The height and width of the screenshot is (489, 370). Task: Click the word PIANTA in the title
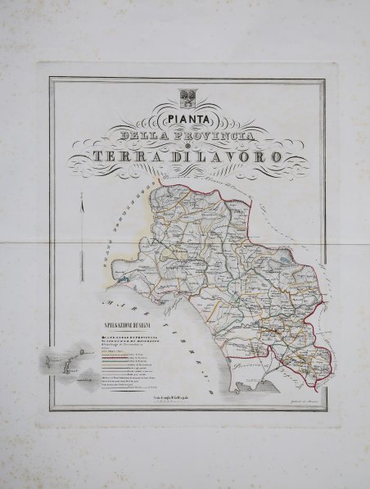(185, 115)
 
